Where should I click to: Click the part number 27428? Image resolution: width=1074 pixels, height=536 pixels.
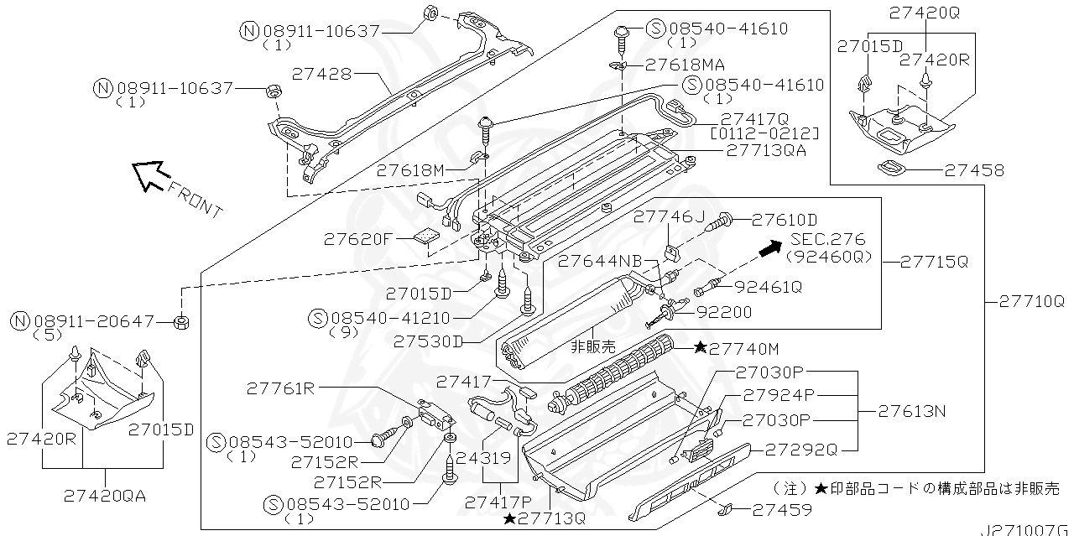(x=321, y=74)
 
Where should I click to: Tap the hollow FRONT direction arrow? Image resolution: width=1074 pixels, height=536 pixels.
(x=149, y=174)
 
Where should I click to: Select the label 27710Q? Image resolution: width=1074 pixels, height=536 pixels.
(x=1030, y=300)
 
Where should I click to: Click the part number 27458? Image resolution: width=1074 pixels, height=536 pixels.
(x=973, y=170)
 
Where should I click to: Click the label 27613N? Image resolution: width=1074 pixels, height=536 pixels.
(x=913, y=411)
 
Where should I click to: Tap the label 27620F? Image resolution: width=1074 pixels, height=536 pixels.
(x=358, y=239)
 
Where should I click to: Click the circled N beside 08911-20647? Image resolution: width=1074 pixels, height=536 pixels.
(x=21, y=320)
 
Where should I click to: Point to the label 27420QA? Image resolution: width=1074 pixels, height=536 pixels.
(x=104, y=495)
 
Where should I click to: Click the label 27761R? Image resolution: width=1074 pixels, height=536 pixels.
(x=280, y=388)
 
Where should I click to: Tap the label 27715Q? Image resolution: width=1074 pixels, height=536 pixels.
(x=934, y=261)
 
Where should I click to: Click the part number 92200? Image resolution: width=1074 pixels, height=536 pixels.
(x=723, y=312)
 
